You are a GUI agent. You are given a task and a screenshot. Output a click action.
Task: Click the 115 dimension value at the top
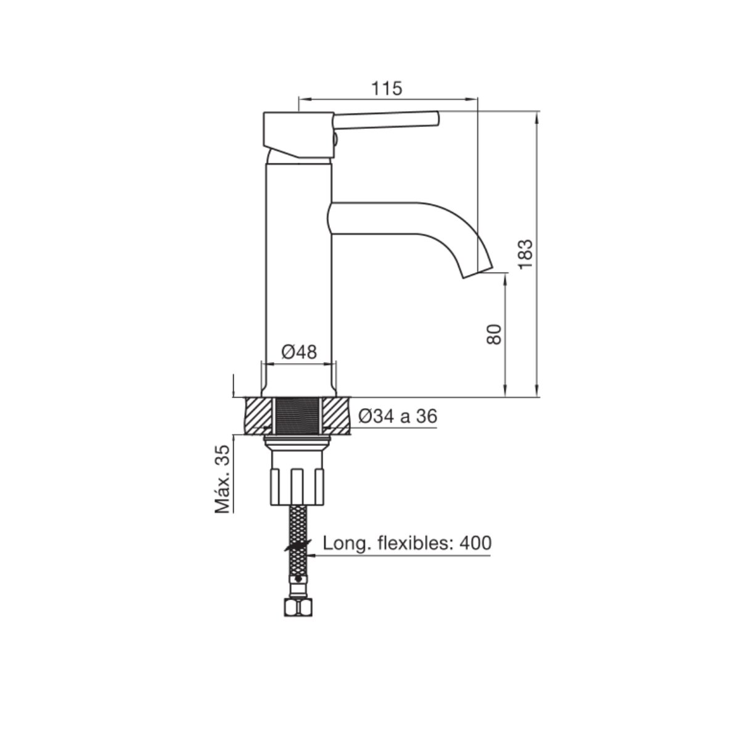pos(386,89)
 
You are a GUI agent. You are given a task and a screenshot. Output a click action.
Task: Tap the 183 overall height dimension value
pos(525,254)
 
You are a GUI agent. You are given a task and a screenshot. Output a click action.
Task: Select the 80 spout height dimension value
pos(494,334)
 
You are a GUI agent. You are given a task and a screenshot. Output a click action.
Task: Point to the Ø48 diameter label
pos(299,351)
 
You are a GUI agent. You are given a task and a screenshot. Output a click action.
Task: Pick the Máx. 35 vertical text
pos(223,479)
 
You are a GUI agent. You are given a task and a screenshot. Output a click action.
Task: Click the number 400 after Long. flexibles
pos(475,543)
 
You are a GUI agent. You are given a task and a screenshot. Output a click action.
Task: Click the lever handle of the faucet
pos(386,120)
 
